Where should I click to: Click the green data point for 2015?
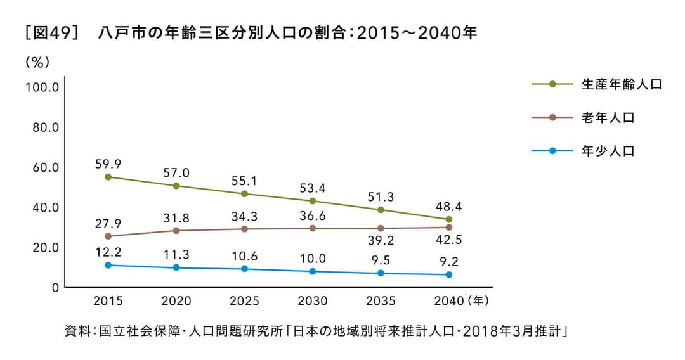(x=108, y=177)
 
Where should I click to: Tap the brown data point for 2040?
(x=449, y=227)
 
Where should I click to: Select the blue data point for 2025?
(x=244, y=269)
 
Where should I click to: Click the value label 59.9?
(x=108, y=164)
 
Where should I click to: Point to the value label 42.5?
(x=449, y=241)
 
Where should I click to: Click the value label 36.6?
(x=313, y=215)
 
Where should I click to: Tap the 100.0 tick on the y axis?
(x=42, y=87)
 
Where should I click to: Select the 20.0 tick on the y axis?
(x=42, y=247)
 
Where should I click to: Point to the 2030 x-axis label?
(x=313, y=300)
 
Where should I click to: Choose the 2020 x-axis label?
(x=176, y=300)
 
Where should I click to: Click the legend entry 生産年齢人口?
(x=621, y=84)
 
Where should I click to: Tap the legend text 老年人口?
(x=608, y=117)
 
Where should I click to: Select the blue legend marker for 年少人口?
(x=552, y=151)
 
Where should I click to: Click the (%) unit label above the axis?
(x=37, y=62)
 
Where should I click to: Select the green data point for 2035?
(x=381, y=210)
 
